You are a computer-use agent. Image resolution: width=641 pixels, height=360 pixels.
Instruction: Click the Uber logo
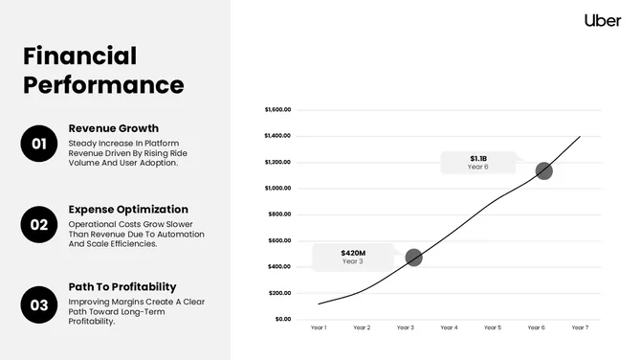pyautogui.click(x=603, y=20)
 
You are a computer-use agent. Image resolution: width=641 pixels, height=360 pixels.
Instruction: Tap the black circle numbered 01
pyautogui.click(x=39, y=145)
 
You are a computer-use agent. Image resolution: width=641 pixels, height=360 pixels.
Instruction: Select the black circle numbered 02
pyautogui.click(x=39, y=225)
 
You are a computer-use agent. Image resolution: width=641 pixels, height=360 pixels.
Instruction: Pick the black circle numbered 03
pyautogui.click(x=39, y=305)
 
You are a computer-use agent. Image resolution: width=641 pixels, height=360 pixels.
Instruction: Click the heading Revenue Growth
pyautogui.click(x=114, y=128)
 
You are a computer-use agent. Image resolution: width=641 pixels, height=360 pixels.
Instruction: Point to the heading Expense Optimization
pyautogui.click(x=128, y=209)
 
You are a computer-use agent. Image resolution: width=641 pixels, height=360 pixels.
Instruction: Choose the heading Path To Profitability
pyautogui.click(x=122, y=286)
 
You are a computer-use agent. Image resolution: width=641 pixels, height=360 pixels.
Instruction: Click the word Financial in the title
pyautogui.click(x=80, y=56)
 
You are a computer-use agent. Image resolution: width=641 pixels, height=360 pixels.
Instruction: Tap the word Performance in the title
pyautogui.click(x=103, y=84)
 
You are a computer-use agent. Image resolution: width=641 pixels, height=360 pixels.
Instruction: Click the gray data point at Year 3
pyautogui.click(x=413, y=258)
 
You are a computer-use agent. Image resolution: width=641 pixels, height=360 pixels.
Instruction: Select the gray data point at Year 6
pyautogui.click(x=543, y=170)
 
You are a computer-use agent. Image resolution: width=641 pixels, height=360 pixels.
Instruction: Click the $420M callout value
pyautogui.click(x=353, y=253)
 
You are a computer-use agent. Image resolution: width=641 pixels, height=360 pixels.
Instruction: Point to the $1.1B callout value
pyautogui.click(x=478, y=158)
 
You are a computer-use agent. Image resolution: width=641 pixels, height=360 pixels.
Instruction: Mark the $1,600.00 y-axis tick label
pyautogui.click(x=277, y=109)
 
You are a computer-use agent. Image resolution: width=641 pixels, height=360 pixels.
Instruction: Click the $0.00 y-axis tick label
pyautogui.click(x=282, y=319)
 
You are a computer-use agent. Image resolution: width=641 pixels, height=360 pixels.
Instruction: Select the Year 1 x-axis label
pyautogui.click(x=319, y=328)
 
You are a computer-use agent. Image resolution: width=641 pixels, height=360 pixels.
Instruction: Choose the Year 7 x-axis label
pyautogui.click(x=579, y=328)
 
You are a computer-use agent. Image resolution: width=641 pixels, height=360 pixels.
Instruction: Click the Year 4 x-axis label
pyautogui.click(x=449, y=328)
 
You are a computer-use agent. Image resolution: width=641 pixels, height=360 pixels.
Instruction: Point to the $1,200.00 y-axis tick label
pyautogui.click(x=277, y=162)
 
